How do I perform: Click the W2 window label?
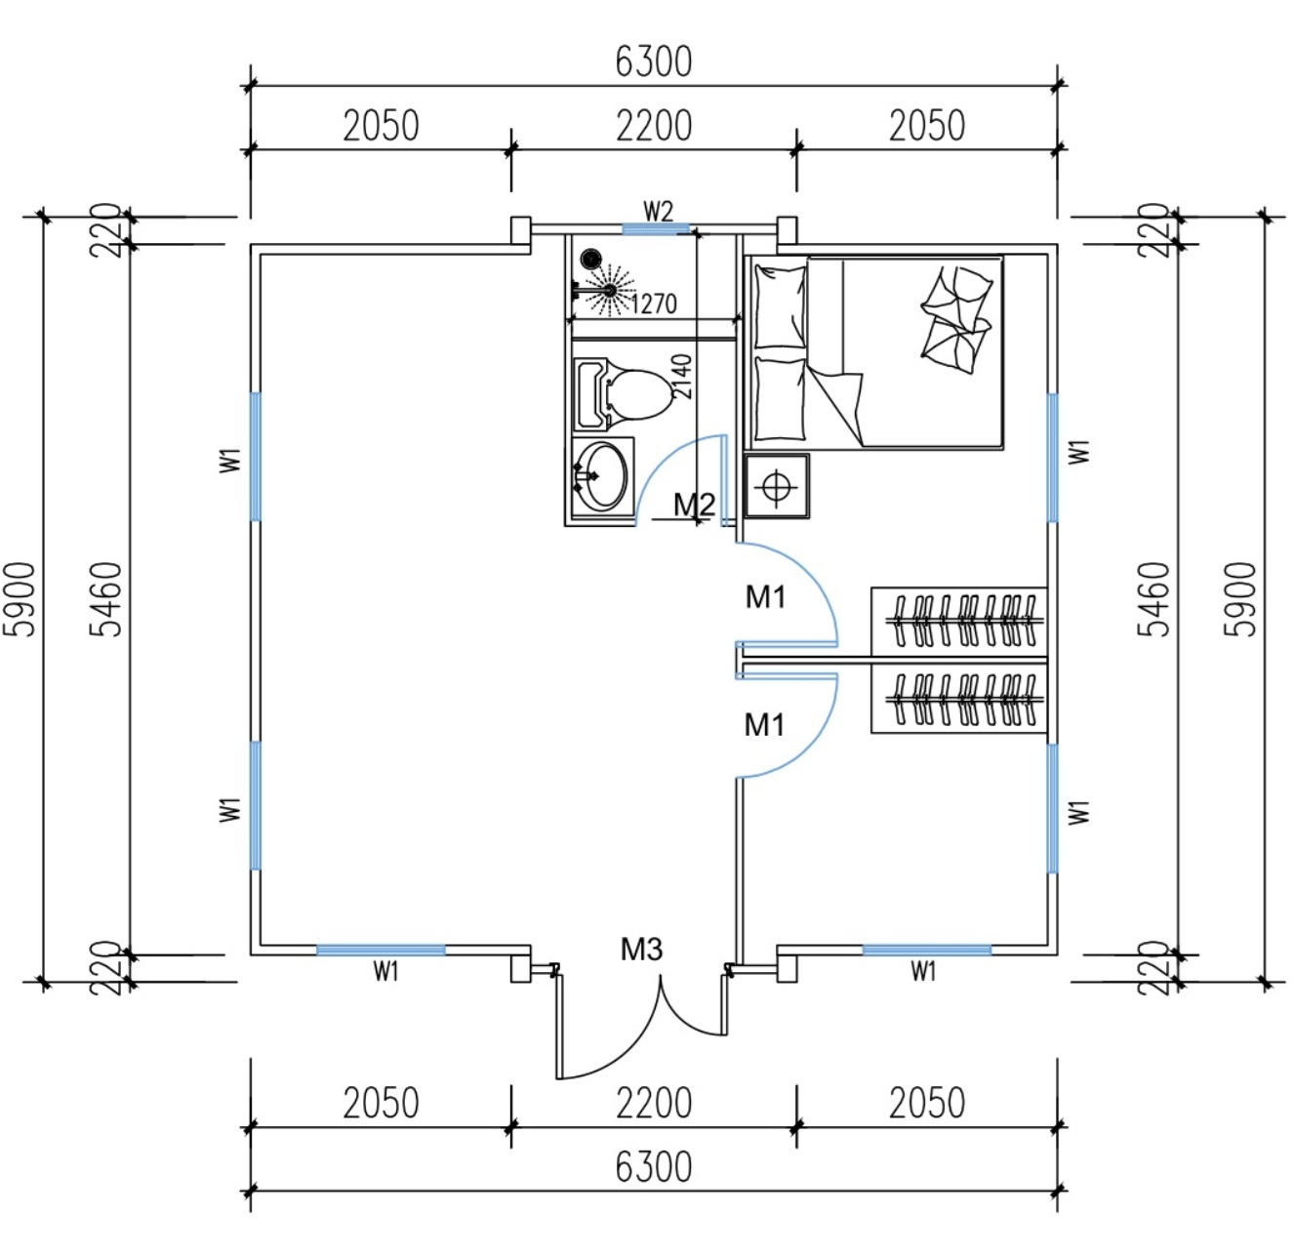pos(658,211)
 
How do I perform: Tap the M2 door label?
pos(694,505)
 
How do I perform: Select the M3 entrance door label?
pos(641,949)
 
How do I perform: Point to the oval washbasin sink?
pos(601,475)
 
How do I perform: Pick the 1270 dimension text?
pos(654,304)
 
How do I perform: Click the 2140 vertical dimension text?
pos(682,376)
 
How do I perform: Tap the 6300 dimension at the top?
pos(654,61)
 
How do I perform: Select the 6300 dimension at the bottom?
pos(654,1166)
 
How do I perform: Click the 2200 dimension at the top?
pos(654,126)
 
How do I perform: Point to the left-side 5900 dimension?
pos(21,598)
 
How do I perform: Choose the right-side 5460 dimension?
pos(1155,598)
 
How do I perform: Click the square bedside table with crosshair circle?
pos(777,485)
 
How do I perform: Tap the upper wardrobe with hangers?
pos(958,621)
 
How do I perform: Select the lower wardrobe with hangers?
pos(958,699)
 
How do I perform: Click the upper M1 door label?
pos(765,596)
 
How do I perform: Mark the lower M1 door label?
pos(764,725)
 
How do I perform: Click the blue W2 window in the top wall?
pos(656,229)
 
